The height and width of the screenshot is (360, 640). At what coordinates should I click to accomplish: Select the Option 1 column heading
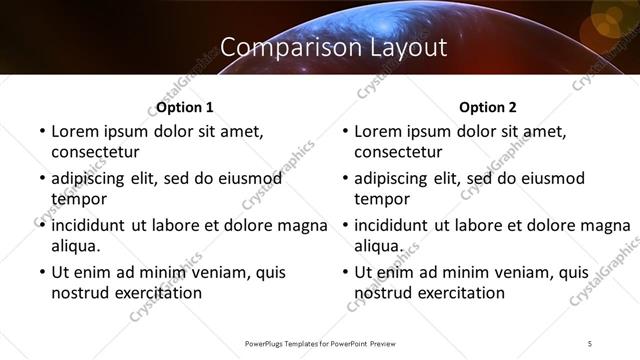point(185,107)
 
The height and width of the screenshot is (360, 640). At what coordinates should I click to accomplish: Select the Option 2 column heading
point(488,107)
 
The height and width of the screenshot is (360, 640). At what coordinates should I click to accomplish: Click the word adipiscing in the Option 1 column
point(93,178)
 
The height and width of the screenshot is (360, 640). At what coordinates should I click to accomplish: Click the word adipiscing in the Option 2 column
point(397,178)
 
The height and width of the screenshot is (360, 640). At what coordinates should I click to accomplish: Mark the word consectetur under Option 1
point(95,152)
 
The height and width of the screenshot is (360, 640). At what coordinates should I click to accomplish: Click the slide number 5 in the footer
point(590,343)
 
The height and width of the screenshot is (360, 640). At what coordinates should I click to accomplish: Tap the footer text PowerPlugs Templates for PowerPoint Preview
point(320,343)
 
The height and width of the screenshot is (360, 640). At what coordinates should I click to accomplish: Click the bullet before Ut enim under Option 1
point(40,272)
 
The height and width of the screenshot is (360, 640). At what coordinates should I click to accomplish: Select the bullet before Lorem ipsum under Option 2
point(344,131)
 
